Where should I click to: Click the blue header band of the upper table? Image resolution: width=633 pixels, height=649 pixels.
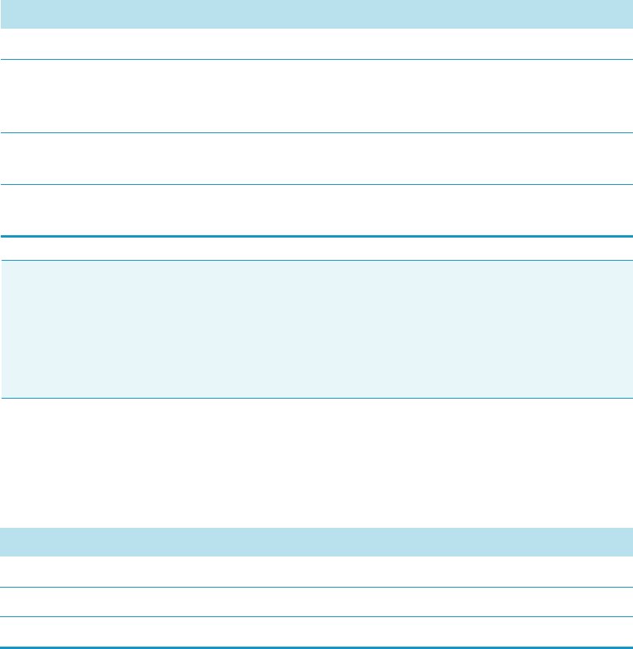[x=316, y=14]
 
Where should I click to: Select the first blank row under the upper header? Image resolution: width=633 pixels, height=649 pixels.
[x=316, y=44]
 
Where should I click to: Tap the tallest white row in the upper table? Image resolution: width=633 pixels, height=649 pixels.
[x=316, y=96]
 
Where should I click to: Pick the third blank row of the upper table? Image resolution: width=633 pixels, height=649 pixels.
[x=316, y=159]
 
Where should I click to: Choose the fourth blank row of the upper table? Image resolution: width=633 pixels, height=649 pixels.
[x=316, y=210]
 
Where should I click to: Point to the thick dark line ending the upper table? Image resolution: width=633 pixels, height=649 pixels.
[x=316, y=237]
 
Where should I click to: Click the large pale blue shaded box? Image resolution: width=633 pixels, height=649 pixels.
[x=316, y=328]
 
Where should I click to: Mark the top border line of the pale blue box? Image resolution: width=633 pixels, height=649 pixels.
[x=316, y=260]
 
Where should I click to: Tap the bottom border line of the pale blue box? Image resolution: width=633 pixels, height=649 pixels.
[x=316, y=398]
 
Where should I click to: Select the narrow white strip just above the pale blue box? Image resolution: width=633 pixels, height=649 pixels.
[x=316, y=249]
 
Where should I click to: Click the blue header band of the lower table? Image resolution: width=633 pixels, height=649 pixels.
[x=316, y=541]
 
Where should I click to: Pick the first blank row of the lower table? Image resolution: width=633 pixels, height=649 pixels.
[x=316, y=572]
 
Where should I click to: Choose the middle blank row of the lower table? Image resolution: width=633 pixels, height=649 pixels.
[x=316, y=602]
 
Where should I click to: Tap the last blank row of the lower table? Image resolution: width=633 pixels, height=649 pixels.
[x=316, y=631]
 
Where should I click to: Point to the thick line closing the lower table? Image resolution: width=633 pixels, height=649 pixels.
[x=316, y=647]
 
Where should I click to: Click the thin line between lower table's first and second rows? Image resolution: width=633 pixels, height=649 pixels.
[x=316, y=588]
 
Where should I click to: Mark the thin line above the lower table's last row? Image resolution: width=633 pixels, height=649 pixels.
[x=316, y=616]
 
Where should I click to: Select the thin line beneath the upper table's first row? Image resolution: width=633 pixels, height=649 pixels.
[x=316, y=59]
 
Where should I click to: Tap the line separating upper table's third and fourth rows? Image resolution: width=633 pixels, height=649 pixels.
[x=316, y=185]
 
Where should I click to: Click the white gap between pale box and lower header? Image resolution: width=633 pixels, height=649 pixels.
[x=316, y=462]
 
